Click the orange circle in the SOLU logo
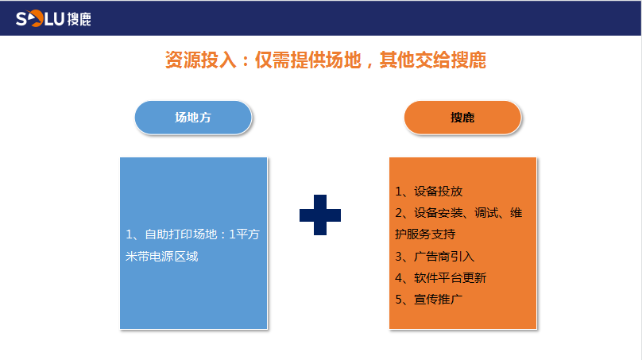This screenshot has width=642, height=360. (36, 18)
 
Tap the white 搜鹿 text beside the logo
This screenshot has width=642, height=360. (79, 19)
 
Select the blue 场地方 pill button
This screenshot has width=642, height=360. (193, 118)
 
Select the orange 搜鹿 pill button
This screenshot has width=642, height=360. (462, 118)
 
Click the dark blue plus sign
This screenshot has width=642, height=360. (320, 215)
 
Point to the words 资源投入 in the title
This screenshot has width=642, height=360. (200, 60)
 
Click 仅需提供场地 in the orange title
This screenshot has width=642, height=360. (308, 60)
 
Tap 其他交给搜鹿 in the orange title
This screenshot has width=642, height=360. (433, 60)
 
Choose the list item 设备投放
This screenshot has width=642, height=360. (438, 192)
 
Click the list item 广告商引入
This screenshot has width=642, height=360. (444, 257)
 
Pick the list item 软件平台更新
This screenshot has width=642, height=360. (450, 278)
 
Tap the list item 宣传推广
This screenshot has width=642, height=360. (438, 300)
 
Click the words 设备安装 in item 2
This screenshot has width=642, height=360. (438, 213)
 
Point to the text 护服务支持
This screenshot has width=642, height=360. (425, 234)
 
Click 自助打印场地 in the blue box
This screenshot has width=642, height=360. (181, 234)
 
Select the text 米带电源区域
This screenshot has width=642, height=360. (162, 257)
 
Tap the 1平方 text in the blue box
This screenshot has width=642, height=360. (244, 234)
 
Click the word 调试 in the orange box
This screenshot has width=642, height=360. (486, 213)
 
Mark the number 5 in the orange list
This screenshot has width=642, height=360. (398, 300)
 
